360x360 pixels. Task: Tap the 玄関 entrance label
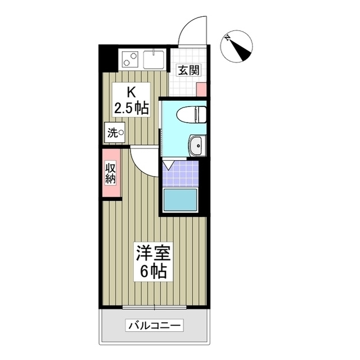[187, 70]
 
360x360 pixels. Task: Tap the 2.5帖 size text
[131, 109]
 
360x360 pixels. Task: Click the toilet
[188, 114]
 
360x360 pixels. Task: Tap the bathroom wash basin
[196, 146]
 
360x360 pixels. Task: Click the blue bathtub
[181, 200]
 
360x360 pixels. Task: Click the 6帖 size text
[152, 272]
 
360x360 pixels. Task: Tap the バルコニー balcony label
[155, 326]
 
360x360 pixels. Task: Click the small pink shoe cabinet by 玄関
[201, 89]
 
